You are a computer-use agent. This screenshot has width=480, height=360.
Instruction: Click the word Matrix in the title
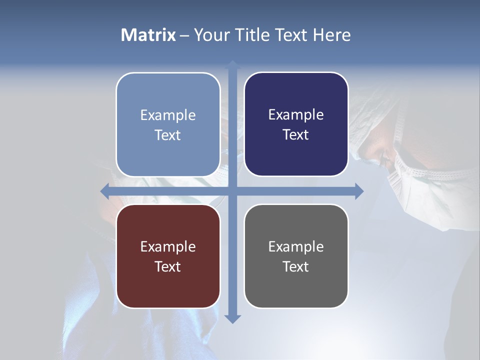[148, 35]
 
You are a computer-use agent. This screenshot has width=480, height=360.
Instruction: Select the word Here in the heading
[331, 35]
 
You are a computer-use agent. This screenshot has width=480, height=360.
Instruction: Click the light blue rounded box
[168, 124]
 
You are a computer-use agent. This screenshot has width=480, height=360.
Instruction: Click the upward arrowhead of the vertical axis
[232, 65]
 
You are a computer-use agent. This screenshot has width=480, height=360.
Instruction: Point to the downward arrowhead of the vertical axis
[232, 318]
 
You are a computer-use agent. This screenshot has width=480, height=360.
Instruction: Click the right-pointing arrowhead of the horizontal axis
[358, 191]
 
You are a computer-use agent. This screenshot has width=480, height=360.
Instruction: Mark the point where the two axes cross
[232, 191]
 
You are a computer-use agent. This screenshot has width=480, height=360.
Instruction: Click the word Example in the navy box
[296, 115]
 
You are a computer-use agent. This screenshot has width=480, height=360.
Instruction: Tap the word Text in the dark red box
[167, 266]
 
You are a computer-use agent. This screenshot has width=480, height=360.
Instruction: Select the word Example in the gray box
[296, 246]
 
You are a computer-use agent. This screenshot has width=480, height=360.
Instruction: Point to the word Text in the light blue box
[167, 135]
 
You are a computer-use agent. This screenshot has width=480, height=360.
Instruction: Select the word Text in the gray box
[295, 266]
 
